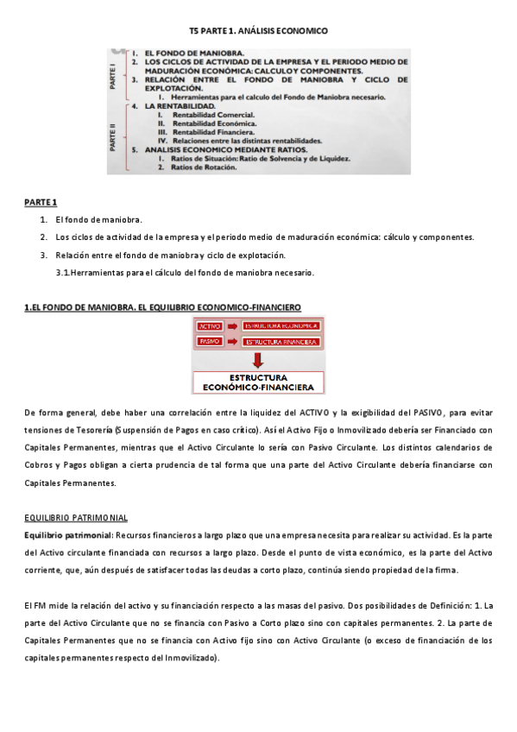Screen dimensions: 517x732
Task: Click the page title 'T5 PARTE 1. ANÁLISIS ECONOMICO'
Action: click(x=258, y=30)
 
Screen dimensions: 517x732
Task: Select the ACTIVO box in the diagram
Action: click(x=210, y=326)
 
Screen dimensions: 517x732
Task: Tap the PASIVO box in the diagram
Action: click(x=210, y=342)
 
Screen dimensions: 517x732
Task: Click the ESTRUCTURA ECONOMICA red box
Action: click(x=281, y=326)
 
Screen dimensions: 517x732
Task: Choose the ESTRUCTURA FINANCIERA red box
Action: click(x=281, y=342)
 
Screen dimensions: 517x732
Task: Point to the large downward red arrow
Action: click(x=258, y=359)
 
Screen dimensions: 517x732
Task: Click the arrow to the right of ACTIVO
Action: click(x=233, y=326)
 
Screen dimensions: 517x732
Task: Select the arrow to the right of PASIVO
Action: click(x=233, y=342)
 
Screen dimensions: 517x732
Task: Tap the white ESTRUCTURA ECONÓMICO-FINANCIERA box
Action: click(x=258, y=382)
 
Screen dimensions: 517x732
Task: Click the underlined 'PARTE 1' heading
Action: click(x=41, y=202)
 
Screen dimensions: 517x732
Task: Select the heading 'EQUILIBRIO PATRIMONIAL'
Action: click(x=77, y=517)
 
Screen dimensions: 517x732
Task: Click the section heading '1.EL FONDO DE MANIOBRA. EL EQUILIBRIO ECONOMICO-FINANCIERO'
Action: click(x=162, y=306)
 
